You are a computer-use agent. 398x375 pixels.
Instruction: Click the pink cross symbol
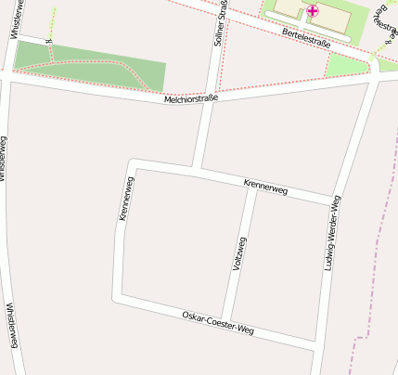313,10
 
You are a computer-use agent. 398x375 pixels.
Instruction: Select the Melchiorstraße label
191,97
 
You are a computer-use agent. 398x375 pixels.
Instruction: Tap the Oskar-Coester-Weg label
218,323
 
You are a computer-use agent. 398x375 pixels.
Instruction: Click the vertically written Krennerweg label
124,200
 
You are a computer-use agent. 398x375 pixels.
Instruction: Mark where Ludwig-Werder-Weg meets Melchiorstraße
373,82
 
